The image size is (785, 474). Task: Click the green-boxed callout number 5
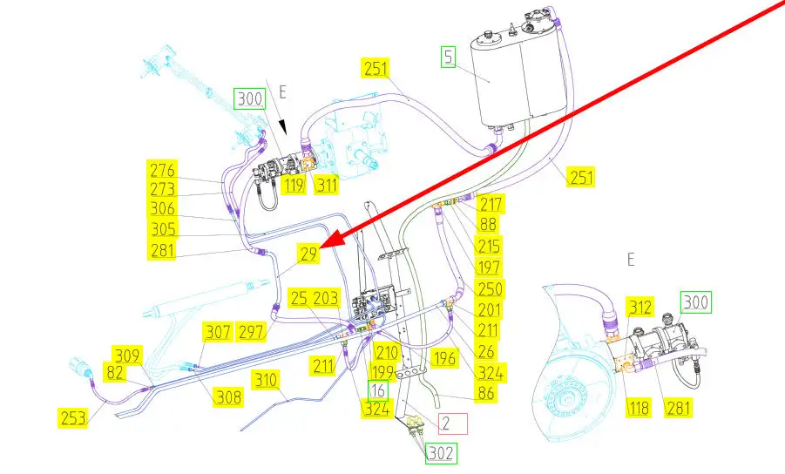(449, 58)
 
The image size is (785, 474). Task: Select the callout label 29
(309, 254)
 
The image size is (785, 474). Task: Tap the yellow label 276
(162, 169)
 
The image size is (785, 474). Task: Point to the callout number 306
(162, 209)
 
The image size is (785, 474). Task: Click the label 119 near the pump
(292, 185)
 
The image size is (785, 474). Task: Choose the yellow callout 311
(327, 185)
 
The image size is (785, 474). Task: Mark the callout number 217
(491, 206)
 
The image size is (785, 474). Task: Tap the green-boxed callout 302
(440, 453)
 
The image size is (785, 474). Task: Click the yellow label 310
(266, 379)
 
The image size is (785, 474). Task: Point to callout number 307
(218, 332)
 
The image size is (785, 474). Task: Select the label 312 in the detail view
(640, 307)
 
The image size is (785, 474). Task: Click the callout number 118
(639, 406)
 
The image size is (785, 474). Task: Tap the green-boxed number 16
(378, 389)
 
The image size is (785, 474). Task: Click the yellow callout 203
(326, 298)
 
